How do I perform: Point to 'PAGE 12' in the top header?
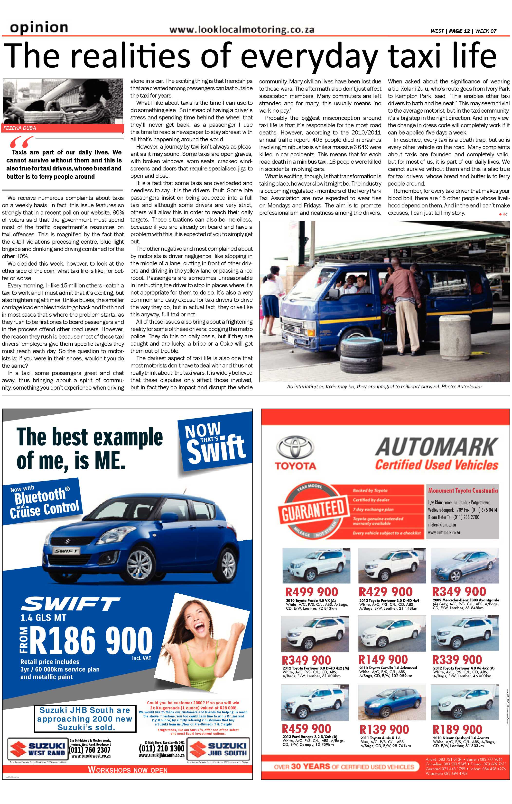pos(459,31)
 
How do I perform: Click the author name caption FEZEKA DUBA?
pos(20,128)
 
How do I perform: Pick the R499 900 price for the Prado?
pos(311,592)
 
